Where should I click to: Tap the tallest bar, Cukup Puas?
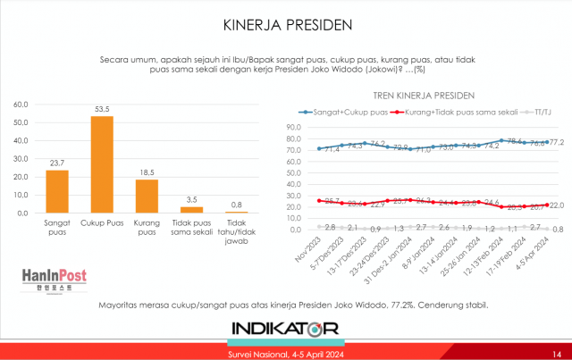click(x=102, y=164)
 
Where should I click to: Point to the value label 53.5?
click(x=102, y=109)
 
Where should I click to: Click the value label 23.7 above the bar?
click(x=57, y=163)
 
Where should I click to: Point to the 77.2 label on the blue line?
click(x=556, y=141)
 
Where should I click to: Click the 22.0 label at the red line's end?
click(x=556, y=205)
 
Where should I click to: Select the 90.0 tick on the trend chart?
click(x=297, y=127)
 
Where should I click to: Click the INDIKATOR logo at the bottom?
click(x=285, y=330)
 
